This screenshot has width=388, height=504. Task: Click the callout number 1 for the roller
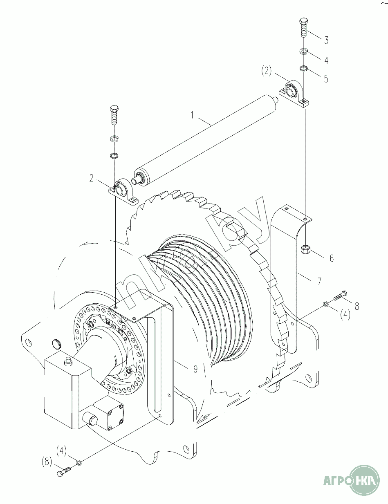[192, 115]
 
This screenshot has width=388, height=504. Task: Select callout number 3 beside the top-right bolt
[326, 40]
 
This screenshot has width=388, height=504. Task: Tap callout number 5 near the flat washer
[326, 79]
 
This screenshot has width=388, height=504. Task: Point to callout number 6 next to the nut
[332, 258]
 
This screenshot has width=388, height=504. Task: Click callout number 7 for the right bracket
[320, 281]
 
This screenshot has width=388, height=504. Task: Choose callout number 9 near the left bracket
[195, 369]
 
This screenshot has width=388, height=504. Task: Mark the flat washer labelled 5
[304, 68]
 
